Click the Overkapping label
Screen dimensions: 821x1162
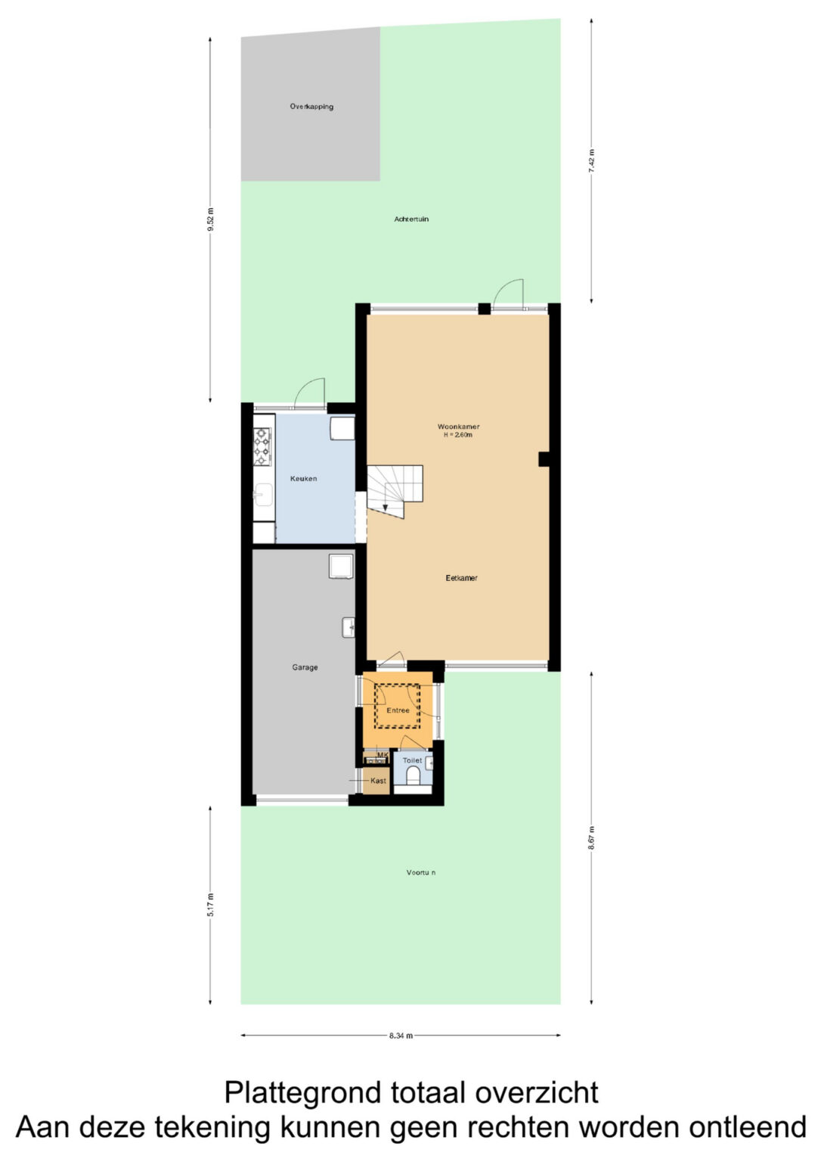(x=311, y=107)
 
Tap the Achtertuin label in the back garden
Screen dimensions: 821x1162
(x=411, y=219)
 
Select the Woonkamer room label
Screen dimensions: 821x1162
(x=458, y=427)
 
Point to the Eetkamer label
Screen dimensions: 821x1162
(x=461, y=578)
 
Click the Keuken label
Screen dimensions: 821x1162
(x=303, y=479)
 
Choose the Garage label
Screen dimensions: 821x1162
(x=305, y=668)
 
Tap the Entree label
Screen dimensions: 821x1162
(x=398, y=710)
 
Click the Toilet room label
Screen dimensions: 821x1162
(x=412, y=760)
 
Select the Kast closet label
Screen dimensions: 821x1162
(x=378, y=781)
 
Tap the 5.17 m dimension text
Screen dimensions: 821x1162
(x=210, y=905)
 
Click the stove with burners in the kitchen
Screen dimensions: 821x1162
(x=262, y=446)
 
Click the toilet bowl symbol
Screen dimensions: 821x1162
(x=413, y=776)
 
